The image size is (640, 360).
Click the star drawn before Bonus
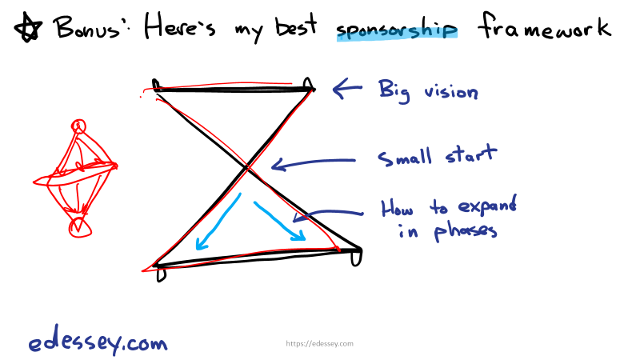pos(30,30)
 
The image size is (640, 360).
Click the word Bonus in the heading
pos(90,29)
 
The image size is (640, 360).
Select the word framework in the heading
pos(544,29)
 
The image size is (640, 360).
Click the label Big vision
pos(428,90)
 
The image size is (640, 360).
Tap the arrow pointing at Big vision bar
pos(348,89)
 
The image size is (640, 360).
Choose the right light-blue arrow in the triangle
pos(280,220)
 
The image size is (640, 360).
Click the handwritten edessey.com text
pos(98,343)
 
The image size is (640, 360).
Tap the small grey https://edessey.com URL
pos(320,344)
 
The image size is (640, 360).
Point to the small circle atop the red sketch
pos(78,126)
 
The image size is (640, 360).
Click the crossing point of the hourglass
pos(250,168)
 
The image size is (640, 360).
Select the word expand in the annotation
pos(489,207)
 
